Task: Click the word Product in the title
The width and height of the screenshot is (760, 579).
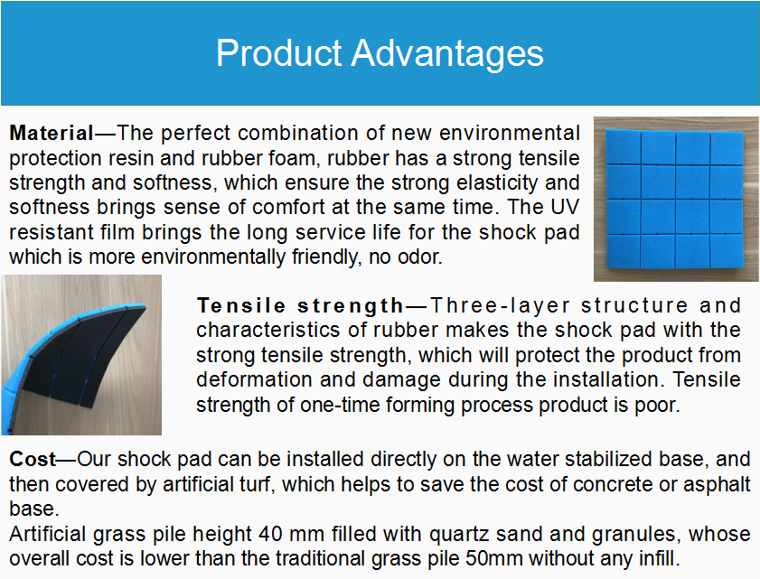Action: (x=279, y=52)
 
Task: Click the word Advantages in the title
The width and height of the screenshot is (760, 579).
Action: (x=447, y=53)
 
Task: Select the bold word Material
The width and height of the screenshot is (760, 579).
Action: (x=52, y=132)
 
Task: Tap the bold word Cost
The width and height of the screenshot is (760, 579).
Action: (x=33, y=458)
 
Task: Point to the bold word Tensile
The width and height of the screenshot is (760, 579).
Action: (x=241, y=305)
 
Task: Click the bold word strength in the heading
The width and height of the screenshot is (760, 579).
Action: (x=351, y=306)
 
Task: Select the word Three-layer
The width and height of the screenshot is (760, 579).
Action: (x=501, y=306)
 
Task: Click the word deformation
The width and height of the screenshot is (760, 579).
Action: (x=254, y=379)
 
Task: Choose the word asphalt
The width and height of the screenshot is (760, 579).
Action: (x=717, y=484)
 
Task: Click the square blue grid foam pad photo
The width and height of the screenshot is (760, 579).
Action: (x=675, y=199)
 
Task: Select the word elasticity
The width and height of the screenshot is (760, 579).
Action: (x=498, y=183)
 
